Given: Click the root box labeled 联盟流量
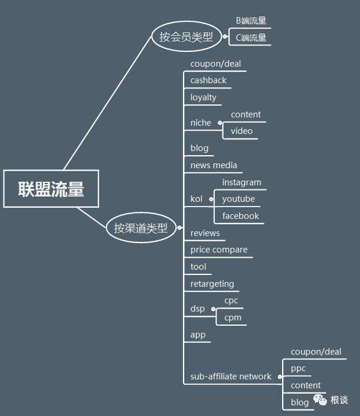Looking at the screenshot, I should click(51, 189).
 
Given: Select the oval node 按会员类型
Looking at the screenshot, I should click(186, 37).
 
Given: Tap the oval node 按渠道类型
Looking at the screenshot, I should click(140, 228).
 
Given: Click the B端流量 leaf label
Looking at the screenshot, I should click(251, 21).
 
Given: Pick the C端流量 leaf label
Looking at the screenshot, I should click(251, 38).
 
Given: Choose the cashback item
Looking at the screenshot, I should click(208, 80).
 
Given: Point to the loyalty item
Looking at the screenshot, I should click(203, 97).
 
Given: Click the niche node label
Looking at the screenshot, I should click(201, 123).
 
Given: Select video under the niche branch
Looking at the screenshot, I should click(241, 131).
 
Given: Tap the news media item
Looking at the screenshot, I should click(214, 165).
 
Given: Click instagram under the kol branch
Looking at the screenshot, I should click(241, 182).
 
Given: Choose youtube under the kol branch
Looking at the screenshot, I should click(238, 199).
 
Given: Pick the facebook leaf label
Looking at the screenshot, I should click(241, 216).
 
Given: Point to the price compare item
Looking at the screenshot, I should click(219, 250).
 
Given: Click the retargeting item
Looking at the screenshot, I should click(212, 284).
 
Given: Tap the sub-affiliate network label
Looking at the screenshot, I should click(231, 376).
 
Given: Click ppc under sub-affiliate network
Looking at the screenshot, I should click(298, 368).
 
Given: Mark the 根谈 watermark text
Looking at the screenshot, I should click(339, 400).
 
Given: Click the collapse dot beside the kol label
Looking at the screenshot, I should click(211, 199).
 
